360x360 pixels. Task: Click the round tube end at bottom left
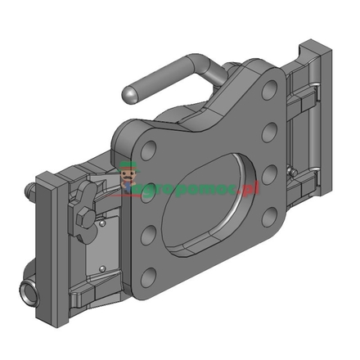[28, 290]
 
